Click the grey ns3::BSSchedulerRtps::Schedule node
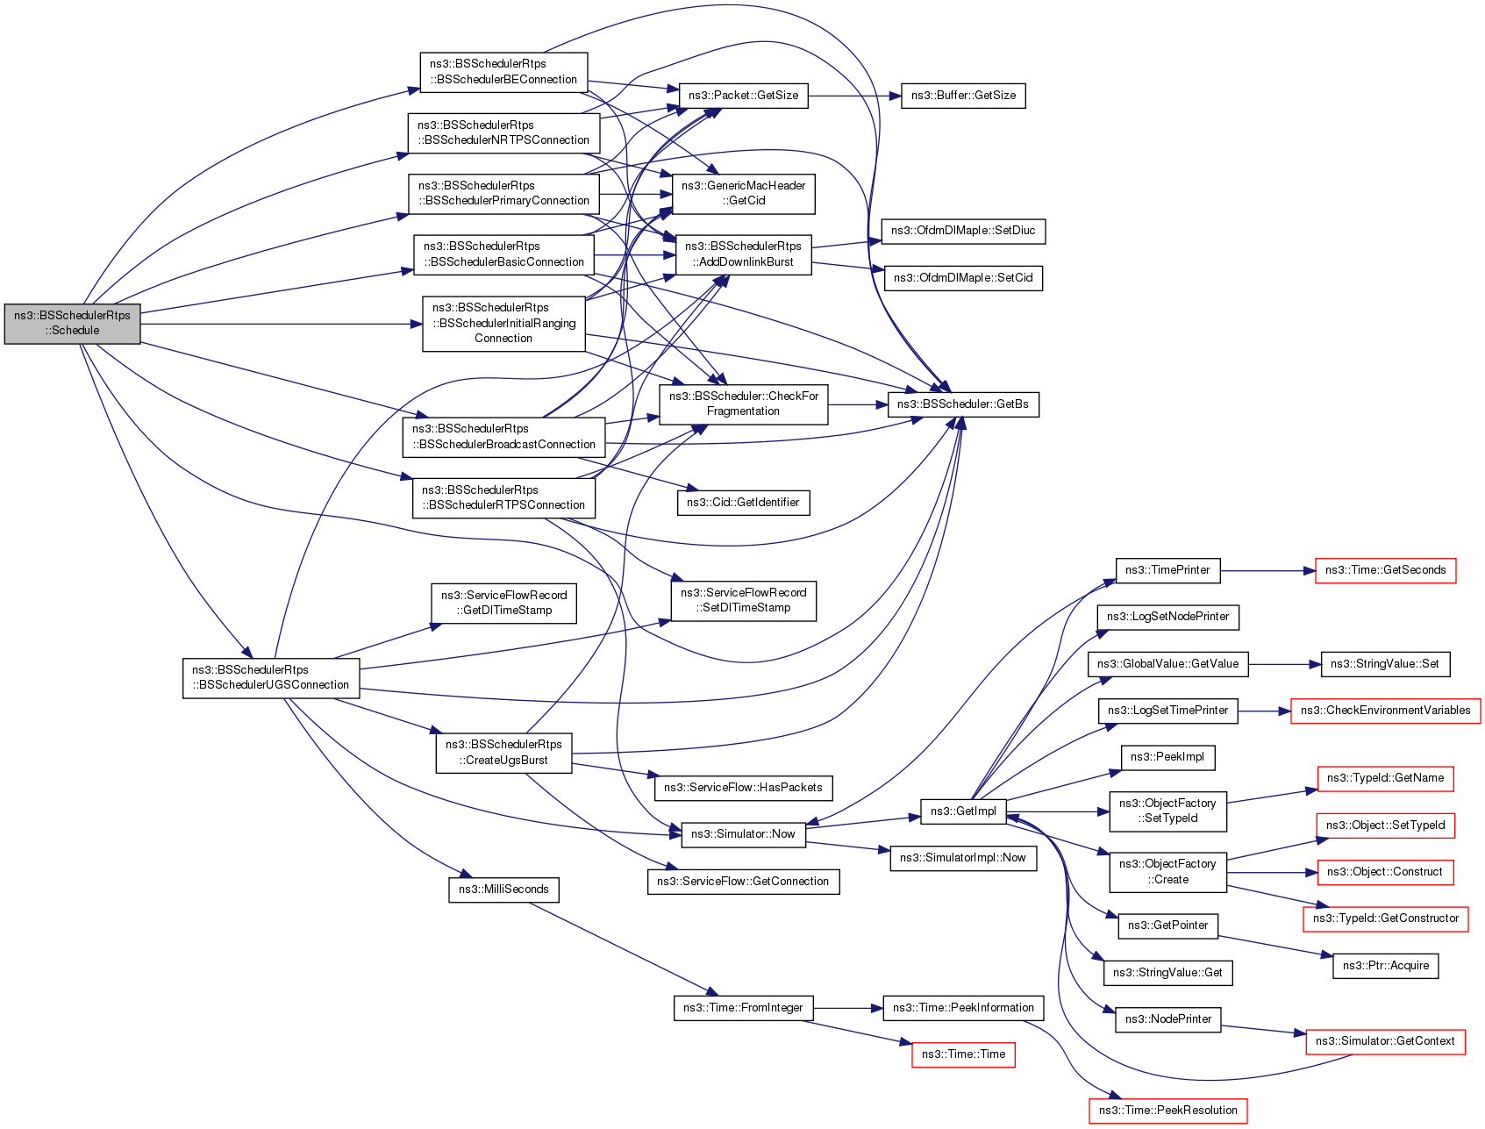72,324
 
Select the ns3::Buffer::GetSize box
963,96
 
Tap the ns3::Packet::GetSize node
743,96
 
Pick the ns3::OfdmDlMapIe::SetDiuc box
963,231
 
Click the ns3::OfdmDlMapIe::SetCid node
963,278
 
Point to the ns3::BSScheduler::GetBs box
963,404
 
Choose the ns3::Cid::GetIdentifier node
743,503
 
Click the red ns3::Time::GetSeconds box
1385,570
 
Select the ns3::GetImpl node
963,811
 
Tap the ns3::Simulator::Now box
743,834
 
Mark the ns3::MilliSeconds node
503,890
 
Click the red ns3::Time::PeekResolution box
1167,1111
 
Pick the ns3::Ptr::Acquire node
1385,966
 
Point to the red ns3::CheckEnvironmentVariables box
1385,711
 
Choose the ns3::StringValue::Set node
1384,664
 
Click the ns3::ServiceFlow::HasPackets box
743,788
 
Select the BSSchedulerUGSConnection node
271,678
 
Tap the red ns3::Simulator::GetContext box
1385,1041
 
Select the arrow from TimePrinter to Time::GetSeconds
1267,570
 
